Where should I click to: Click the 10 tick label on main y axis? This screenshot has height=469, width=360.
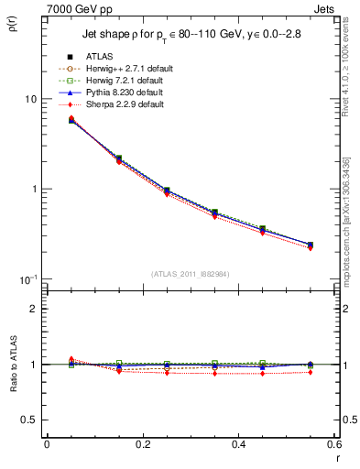click(x=30, y=99)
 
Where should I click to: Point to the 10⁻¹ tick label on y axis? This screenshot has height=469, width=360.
click(x=27, y=278)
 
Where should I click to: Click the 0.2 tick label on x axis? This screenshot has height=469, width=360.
click(x=142, y=446)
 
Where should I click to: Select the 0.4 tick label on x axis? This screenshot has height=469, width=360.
click(x=238, y=446)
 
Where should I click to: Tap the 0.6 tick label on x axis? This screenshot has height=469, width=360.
click(x=333, y=446)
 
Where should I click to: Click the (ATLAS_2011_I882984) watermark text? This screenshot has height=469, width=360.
click(x=191, y=274)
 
